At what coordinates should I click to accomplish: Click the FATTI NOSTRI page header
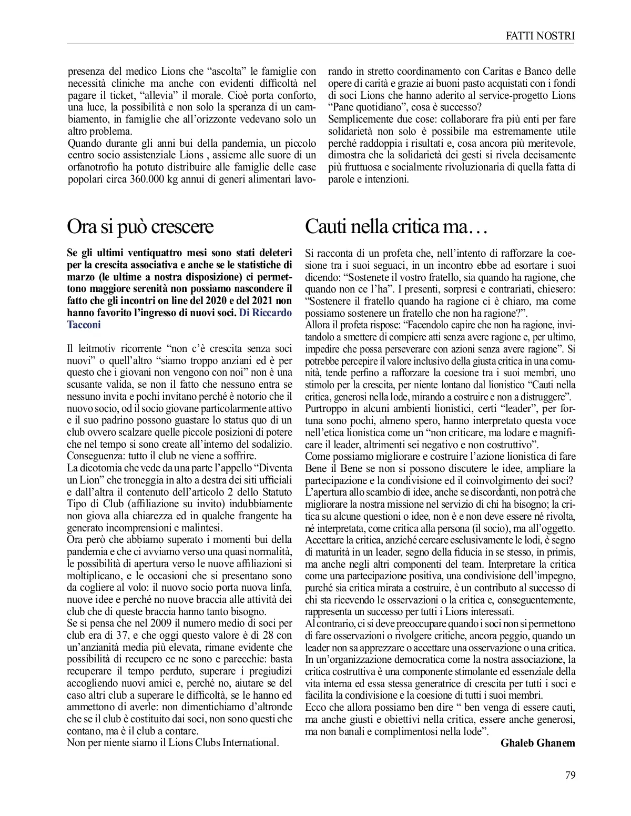coord(540,36)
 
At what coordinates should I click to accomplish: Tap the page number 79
coord(570,775)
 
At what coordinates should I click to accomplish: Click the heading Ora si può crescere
coord(140,227)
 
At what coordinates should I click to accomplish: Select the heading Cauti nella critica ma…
coord(397,227)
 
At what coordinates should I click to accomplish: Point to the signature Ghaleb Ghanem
coord(537,743)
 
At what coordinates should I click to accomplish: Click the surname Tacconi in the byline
coord(84,325)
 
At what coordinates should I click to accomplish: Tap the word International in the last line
coord(251,743)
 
